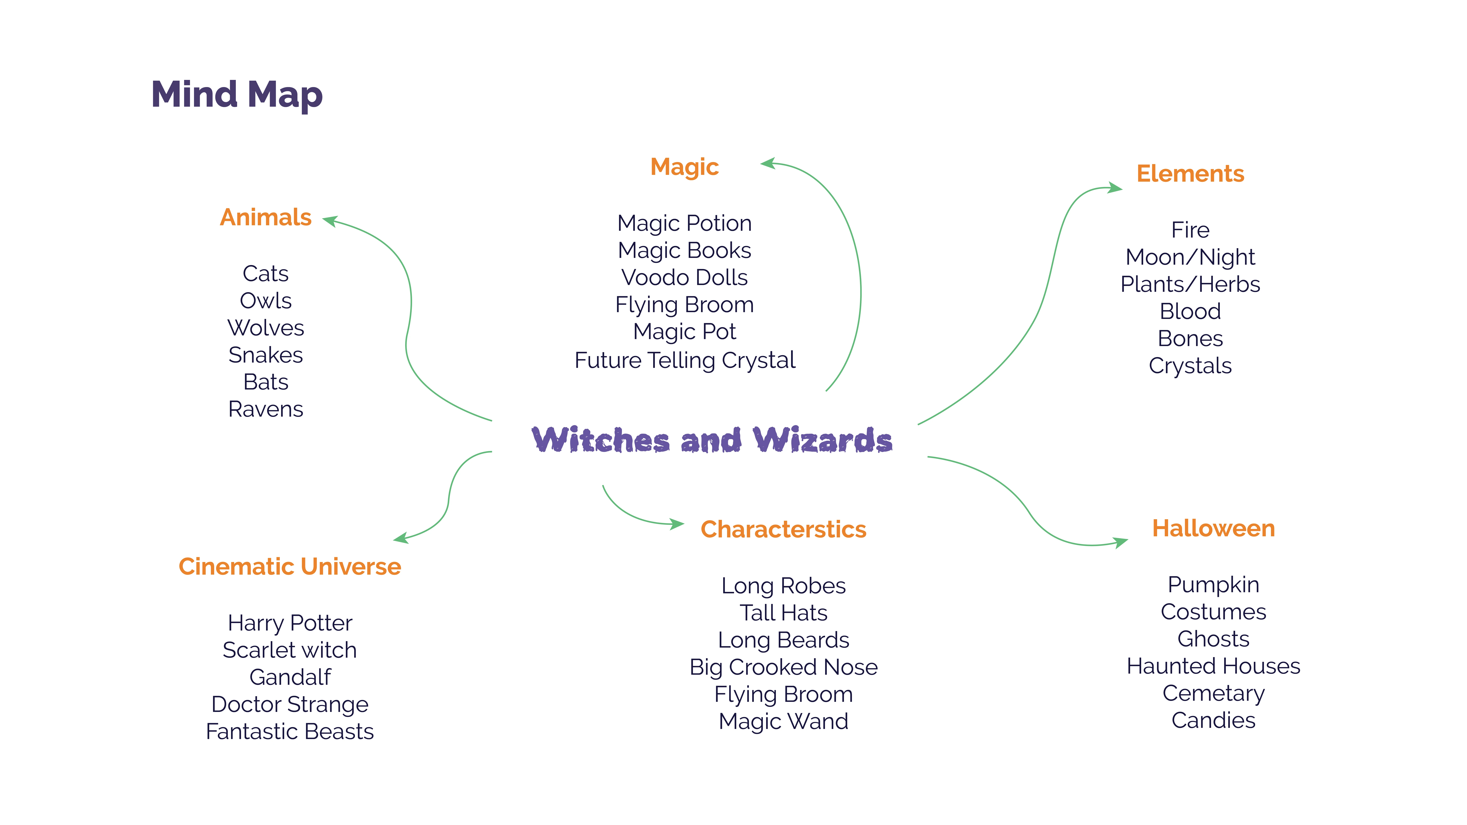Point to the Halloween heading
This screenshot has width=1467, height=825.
pos(1213,528)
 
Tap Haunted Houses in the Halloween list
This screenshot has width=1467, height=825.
pos(1213,666)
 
